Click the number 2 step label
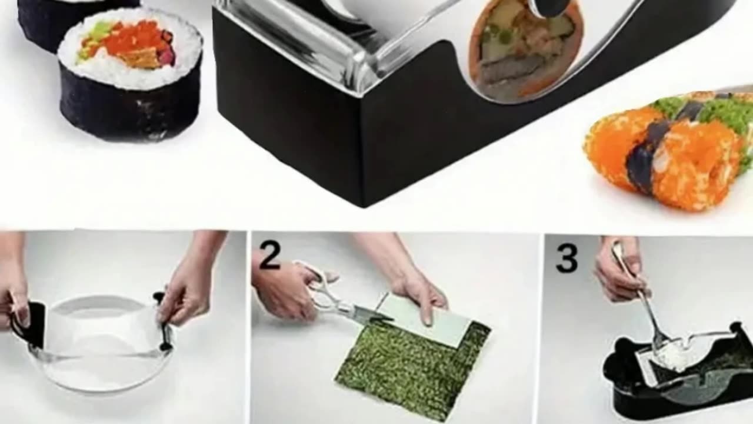(x=270, y=257)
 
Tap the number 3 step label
(x=567, y=259)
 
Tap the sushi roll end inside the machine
(x=524, y=51)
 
